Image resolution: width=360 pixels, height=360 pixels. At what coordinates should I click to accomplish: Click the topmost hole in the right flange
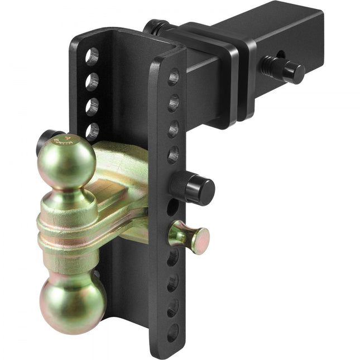(x=174, y=76)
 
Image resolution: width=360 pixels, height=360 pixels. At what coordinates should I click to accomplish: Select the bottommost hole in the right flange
(x=173, y=332)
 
